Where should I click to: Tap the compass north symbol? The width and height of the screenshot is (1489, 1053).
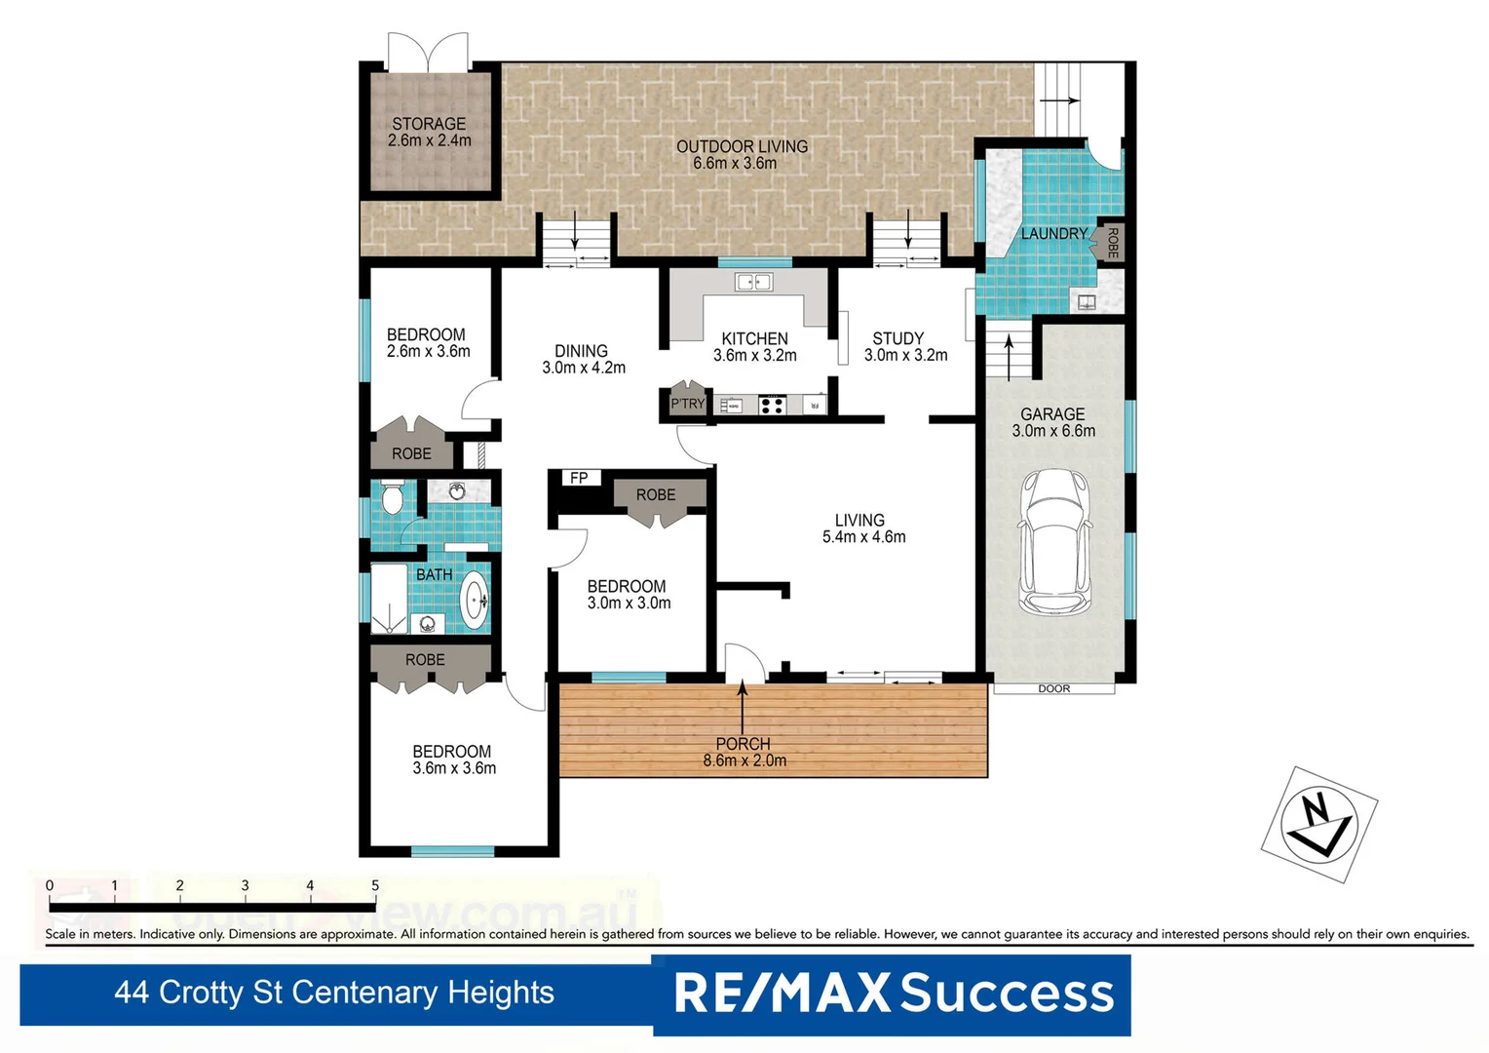[1318, 824]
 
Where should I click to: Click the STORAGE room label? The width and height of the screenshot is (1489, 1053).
[429, 124]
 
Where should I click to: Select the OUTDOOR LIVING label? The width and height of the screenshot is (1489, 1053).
[742, 146]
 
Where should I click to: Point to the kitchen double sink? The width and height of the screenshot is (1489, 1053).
[754, 283]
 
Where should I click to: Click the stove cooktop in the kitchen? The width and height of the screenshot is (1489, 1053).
[772, 405]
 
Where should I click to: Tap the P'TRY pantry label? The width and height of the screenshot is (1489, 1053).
[687, 404]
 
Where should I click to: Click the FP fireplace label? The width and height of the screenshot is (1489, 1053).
[579, 478]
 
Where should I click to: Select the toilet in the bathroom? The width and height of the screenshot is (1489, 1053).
[392, 498]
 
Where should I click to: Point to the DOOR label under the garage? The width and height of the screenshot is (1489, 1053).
[1053, 688]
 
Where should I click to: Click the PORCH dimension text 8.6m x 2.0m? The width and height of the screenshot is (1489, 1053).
[744, 760]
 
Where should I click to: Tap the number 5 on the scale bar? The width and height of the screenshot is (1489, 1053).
[375, 885]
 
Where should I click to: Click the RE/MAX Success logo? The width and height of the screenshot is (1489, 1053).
[893, 994]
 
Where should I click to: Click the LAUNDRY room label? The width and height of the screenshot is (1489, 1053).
[1053, 234]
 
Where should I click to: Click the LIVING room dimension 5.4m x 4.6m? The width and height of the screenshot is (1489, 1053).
[863, 537]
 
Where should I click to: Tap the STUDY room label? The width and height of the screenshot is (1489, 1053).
[897, 338]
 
